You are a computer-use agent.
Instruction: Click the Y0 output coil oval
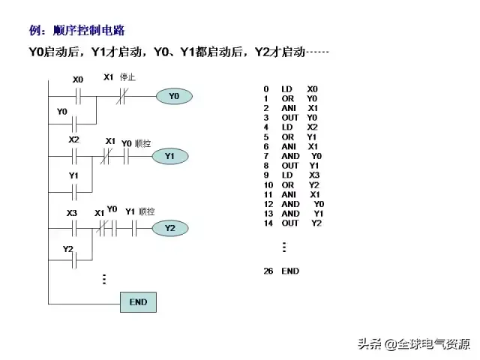pyautogui.click(x=174, y=96)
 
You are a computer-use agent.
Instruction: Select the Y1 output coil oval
pyautogui.click(x=169, y=156)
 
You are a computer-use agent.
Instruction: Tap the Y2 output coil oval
pyautogui.click(x=169, y=228)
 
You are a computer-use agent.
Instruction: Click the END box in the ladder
pyautogui.click(x=138, y=302)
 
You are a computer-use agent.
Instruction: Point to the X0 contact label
pyautogui.click(x=78, y=79)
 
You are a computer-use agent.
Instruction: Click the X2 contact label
pyautogui.click(x=73, y=140)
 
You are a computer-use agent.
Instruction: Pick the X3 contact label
pyautogui.click(x=72, y=213)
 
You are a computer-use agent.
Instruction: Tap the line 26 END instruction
pyautogui.click(x=281, y=271)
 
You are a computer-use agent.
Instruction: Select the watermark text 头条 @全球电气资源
pyautogui.click(x=413, y=344)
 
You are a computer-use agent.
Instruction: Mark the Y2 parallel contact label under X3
pyautogui.click(x=67, y=249)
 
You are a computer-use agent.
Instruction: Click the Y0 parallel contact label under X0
pyautogui.click(x=62, y=112)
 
